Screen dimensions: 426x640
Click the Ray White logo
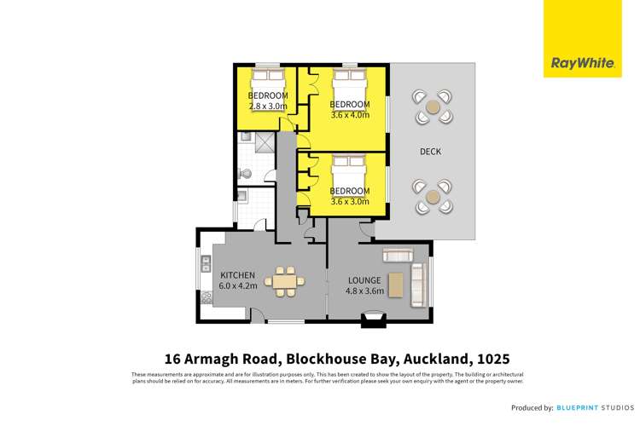point(583,39)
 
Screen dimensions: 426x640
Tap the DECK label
point(430,152)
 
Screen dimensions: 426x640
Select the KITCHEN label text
point(237,275)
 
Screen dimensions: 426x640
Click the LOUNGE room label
point(364,279)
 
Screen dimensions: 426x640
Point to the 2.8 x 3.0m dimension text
point(267,106)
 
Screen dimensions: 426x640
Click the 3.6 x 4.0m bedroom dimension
point(350,115)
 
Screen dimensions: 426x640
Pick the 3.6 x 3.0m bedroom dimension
point(350,202)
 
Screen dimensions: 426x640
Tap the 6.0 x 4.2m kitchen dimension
point(237,286)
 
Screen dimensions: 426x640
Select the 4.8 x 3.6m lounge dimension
point(364,291)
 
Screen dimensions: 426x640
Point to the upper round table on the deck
point(433,107)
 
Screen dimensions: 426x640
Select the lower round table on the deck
point(433,196)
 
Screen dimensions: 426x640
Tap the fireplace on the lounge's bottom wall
point(372,319)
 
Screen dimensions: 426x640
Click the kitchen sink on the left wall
point(206,267)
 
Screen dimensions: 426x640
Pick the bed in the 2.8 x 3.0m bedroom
point(267,83)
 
